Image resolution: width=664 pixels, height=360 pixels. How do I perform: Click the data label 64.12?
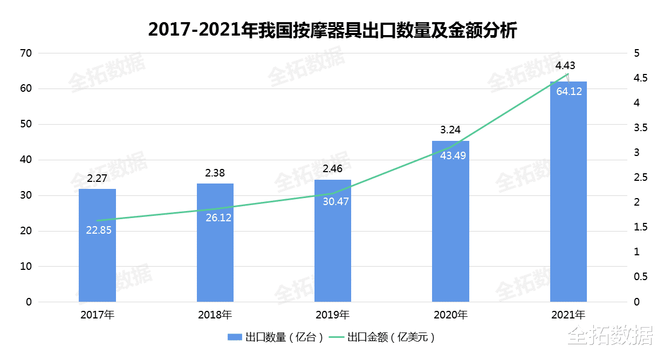[569, 91]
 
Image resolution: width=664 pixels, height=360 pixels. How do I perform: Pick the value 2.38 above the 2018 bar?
[215, 173]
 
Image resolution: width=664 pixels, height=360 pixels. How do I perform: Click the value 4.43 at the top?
[565, 66]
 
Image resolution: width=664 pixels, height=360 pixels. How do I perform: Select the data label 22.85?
[99, 230]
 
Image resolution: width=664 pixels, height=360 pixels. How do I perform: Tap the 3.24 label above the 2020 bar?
[450, 130]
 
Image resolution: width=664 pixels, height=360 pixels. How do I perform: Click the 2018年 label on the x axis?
[215, 315]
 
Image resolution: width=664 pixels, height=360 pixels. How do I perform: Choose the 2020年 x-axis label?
[450, 315]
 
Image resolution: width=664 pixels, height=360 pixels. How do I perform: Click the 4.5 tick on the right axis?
[641, 78]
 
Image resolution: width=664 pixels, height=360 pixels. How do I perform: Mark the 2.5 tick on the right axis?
[641, 178]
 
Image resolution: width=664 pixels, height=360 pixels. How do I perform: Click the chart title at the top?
[332, 30]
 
